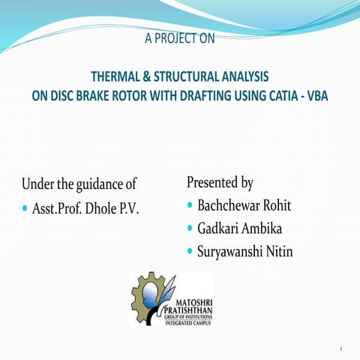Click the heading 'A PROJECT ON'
(179, 40)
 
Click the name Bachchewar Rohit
(244, 205)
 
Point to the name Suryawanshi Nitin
(244, 252)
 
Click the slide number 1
(340, 349)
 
